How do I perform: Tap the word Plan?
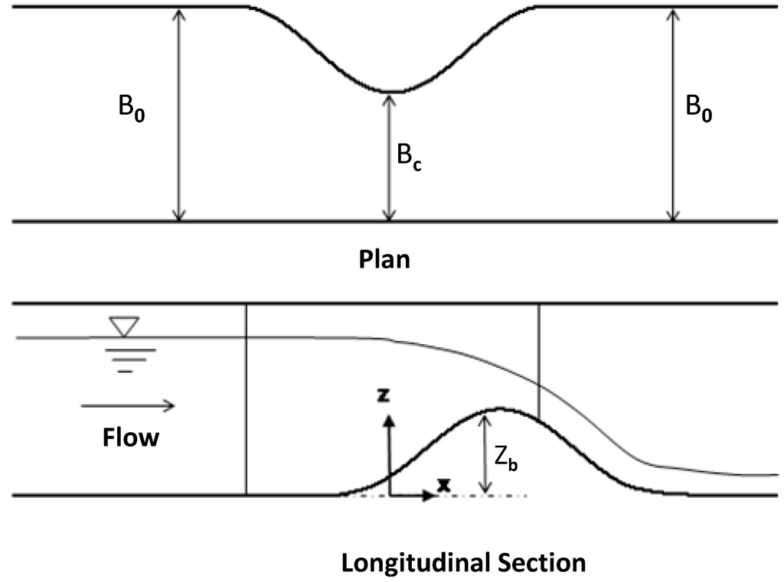(x=384, y=259)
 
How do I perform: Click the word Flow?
(x=131, y=437)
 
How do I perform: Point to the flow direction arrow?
(x=128, y=405)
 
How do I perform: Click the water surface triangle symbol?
(x=123, y=327)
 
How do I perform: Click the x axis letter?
(x=442, y=484)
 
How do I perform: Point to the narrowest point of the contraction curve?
(x=390, y=91)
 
